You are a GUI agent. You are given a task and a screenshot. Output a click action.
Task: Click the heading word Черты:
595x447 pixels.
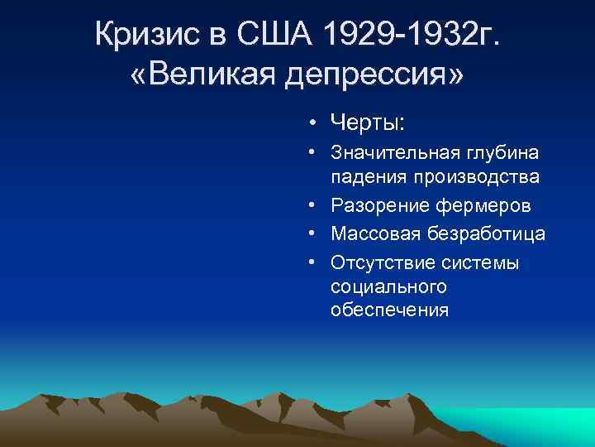(x=367, y=123)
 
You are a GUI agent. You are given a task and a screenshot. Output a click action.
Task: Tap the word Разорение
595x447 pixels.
(x=377, y=205)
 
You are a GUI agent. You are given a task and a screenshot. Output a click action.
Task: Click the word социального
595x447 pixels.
(x=388, y=286)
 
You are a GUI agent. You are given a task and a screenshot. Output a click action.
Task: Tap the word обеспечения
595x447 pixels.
(x=389, y=310)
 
